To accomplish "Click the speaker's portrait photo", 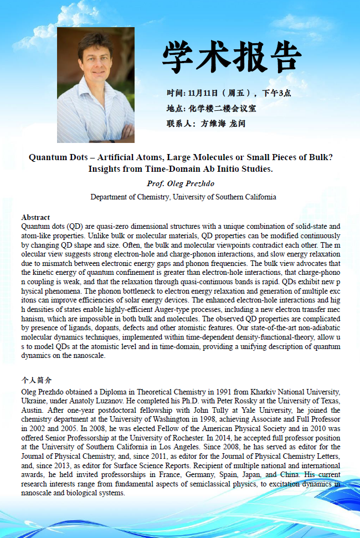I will [96, 85].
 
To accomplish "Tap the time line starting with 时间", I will [229, 93].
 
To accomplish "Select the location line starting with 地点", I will [211, 108].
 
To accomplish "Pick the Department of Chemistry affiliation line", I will [183, 197].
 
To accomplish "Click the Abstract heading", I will [35, 217].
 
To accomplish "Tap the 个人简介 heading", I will [37, 380].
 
